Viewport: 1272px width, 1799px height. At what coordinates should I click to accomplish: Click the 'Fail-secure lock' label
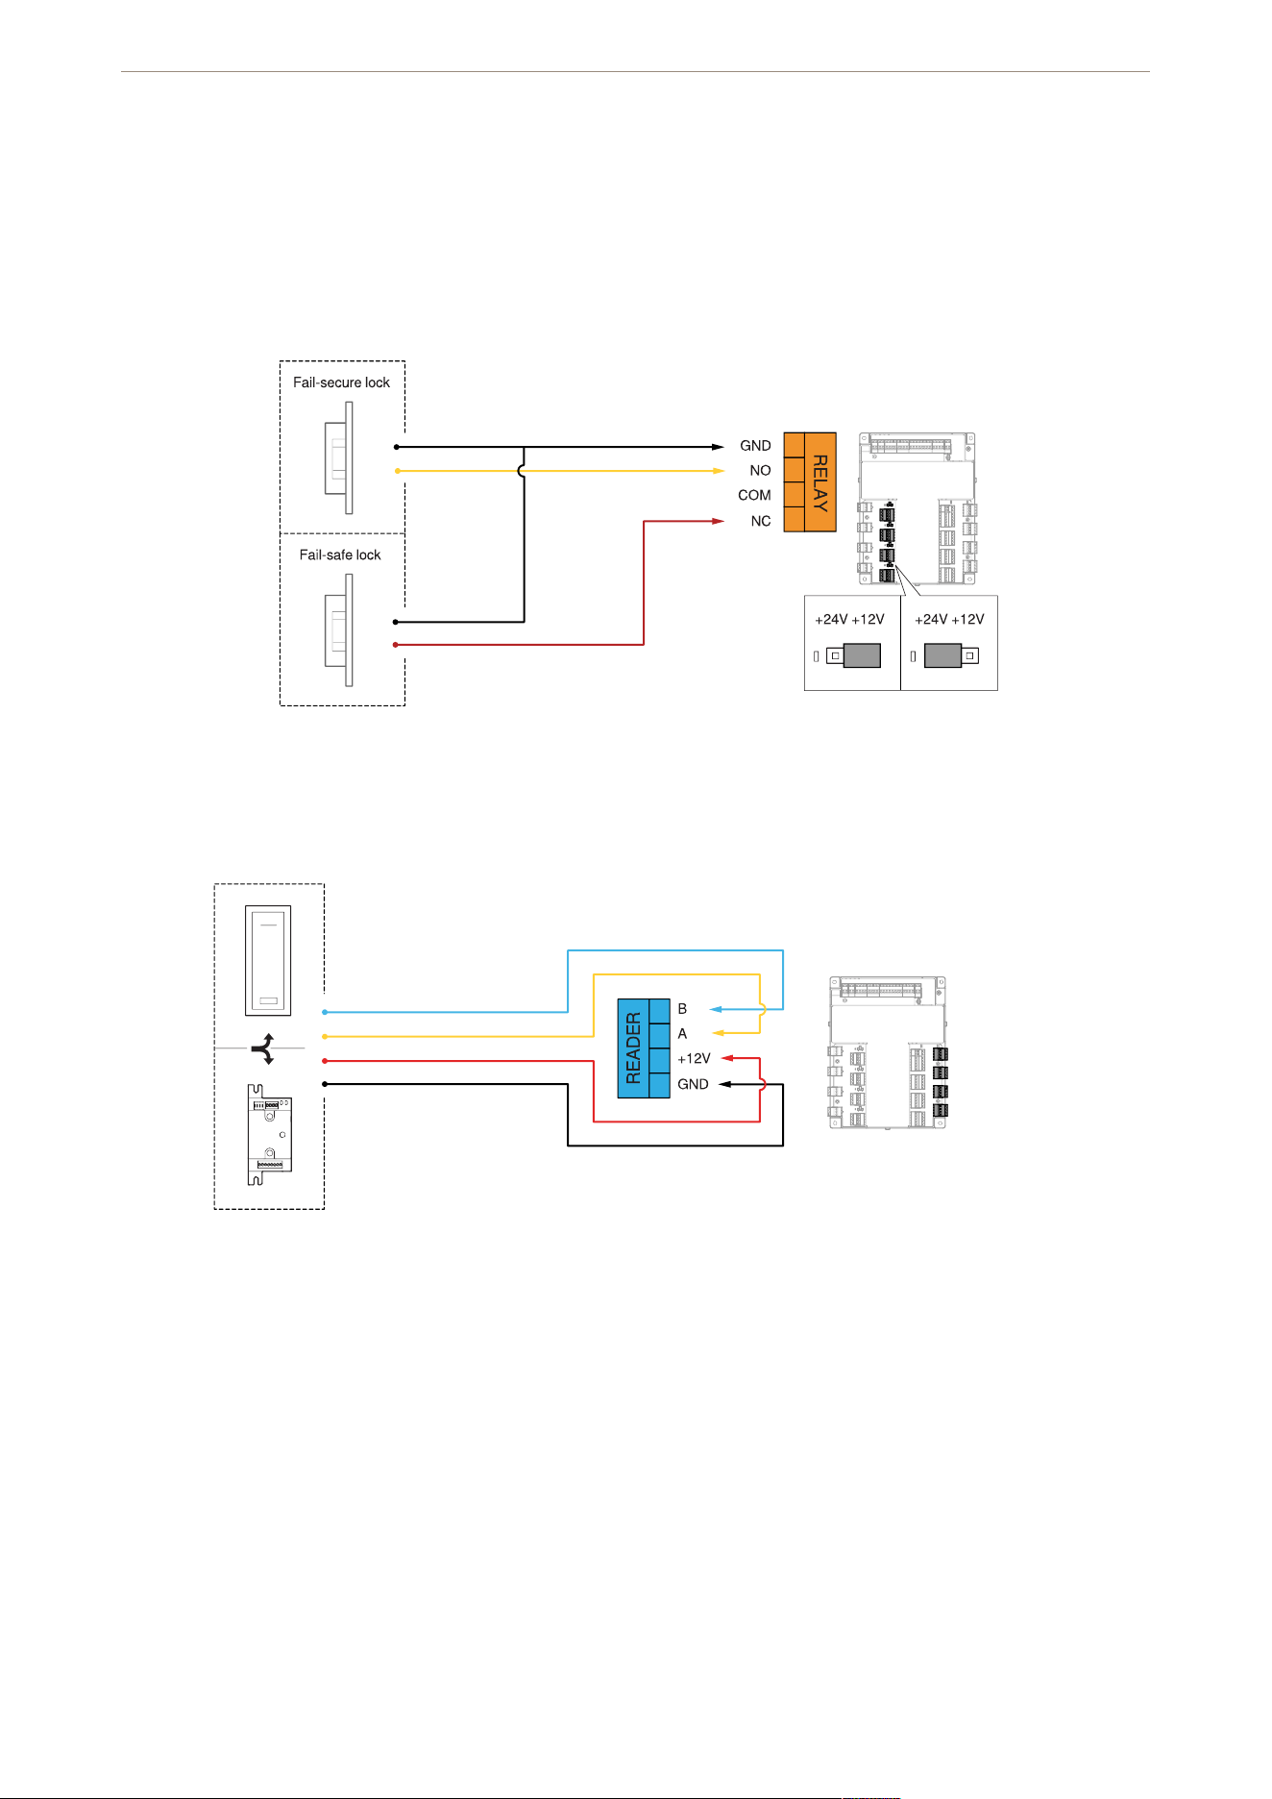coord(341,382)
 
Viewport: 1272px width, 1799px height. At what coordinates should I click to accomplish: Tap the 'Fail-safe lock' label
coord(340,554)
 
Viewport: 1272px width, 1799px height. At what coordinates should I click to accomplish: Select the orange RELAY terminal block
coord(810,481)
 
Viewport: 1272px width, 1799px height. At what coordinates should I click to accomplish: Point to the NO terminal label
coord(760,471)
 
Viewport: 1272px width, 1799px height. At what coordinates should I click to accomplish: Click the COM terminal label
coord(754,496)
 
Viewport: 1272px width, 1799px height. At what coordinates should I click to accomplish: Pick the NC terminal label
coord(761,521)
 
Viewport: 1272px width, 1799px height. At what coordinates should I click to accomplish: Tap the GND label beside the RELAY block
coord(755,446)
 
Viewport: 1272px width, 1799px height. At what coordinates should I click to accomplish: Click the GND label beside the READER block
coord(693,1084)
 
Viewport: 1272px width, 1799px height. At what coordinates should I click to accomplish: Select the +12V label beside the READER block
coord(694,1059)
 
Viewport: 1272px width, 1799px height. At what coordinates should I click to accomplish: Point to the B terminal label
coord(682,1009)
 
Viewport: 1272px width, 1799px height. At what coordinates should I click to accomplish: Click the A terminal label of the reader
coord(682,1034)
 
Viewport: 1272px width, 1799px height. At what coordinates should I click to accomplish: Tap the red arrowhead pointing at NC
coord(718,521)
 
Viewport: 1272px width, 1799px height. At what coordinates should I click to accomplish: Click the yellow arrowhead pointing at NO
coord(718,471)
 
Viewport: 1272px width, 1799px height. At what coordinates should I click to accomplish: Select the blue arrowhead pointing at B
coord(716,1009)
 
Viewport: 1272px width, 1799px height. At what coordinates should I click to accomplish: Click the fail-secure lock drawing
coord(338,457)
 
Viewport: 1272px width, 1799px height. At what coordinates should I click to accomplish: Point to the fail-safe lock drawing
coord(338,630)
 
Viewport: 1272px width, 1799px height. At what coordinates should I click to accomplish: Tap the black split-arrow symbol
coord(263,1048)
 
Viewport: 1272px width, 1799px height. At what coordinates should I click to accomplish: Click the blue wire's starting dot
coord(325,1012)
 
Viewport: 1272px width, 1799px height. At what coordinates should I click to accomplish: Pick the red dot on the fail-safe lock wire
coord(395,645)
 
